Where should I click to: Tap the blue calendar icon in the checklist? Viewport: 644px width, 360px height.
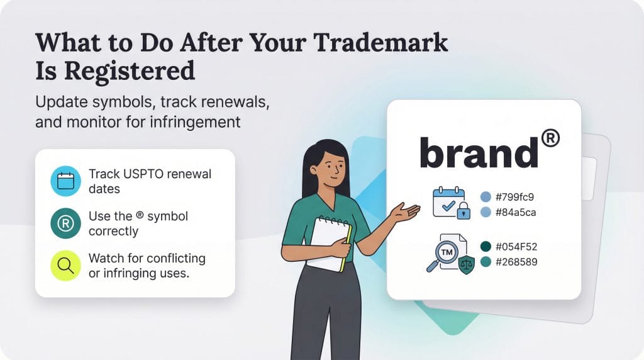65,181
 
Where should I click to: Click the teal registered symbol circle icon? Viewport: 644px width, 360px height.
65,223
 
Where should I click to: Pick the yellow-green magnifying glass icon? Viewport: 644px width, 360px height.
65,266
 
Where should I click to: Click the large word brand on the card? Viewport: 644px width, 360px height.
478,153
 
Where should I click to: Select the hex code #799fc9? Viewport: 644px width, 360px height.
516,196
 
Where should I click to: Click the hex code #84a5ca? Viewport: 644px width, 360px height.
516,213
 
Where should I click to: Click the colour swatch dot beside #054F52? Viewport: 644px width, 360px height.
485,246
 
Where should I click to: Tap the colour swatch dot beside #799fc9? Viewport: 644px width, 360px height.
485,196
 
